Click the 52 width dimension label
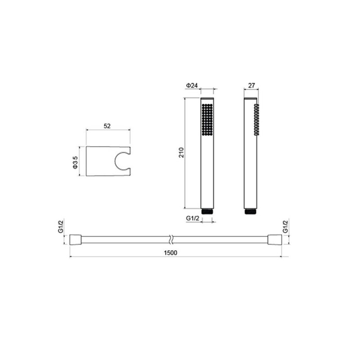(x=107, y=126)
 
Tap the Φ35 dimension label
(x=75, y=162)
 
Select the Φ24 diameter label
(x=192, y=85)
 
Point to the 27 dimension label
(x=252, y=85)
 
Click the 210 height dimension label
(x=182, y=152)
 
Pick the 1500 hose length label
(x=171, y=253)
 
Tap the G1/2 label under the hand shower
(x=193, y=218)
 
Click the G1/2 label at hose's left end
(x=61, y=227)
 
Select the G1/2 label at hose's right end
(x=285, y=227)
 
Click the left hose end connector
(x=75, y=240)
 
